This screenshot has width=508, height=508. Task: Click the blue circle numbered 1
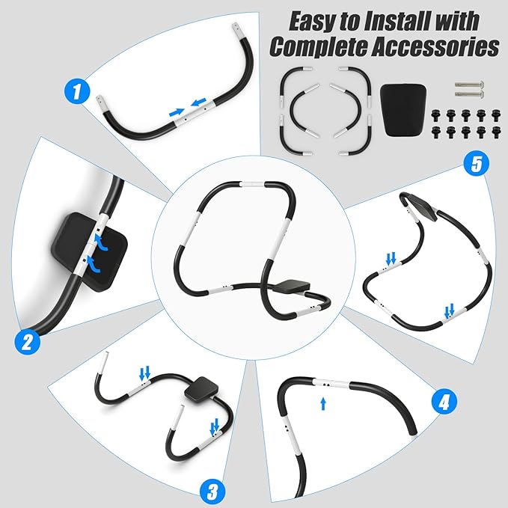[79, 93]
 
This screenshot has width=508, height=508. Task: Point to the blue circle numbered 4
[444, 402]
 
